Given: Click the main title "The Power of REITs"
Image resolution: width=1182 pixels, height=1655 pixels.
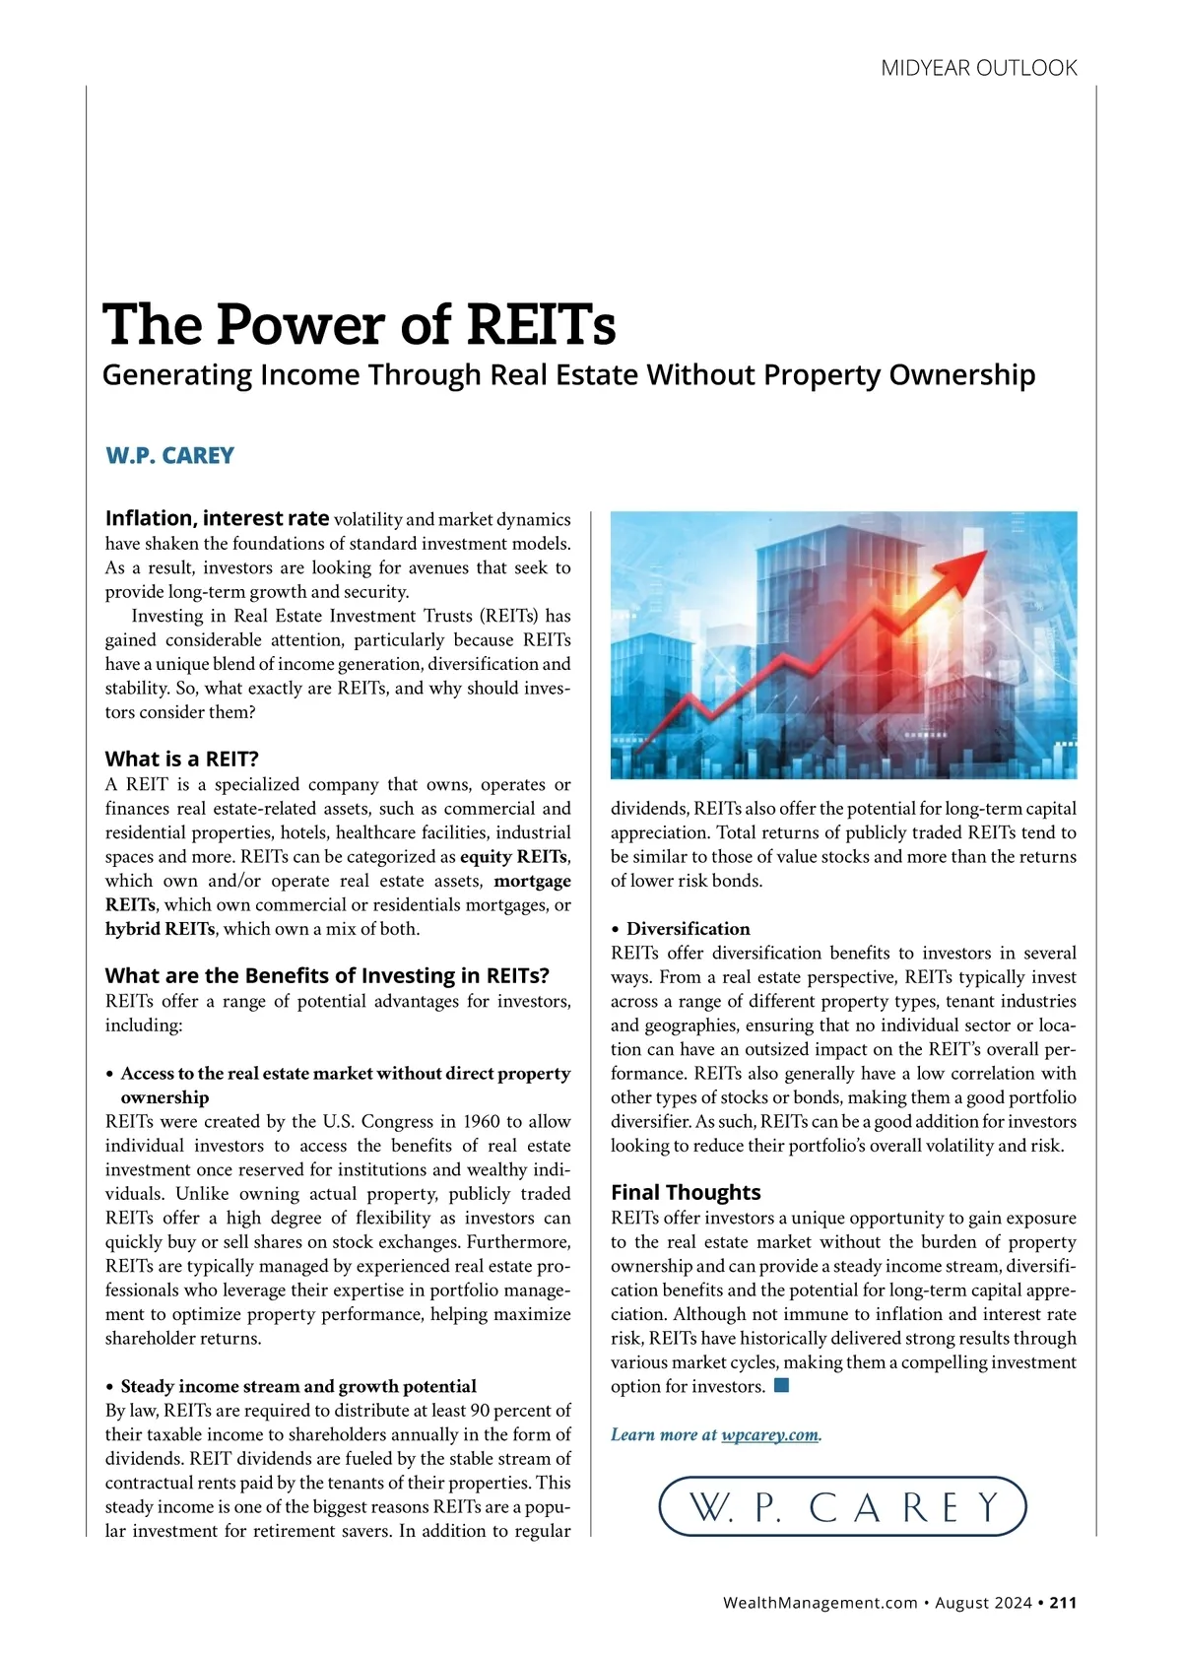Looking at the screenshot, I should pos(360,324).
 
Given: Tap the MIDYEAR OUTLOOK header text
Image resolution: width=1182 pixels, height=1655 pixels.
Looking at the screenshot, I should pos(978,68).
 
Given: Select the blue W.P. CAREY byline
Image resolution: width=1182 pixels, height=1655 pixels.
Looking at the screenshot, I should pos(169,456).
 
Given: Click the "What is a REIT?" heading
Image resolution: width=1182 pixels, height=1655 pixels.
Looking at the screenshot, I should pos(181,759).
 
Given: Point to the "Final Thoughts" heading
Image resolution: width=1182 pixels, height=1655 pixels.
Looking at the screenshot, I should pos(686,1192).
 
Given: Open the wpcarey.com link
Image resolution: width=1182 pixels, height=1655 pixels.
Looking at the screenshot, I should pos(770,1434).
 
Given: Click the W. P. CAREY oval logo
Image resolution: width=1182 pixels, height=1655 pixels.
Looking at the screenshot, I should pos(842,1506).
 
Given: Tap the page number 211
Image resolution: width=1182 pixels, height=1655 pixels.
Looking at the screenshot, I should pos(1063,1603).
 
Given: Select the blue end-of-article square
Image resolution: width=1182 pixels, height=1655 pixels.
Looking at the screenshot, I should pos(782,1386).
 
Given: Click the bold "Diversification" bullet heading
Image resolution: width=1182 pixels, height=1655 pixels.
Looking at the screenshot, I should pos(688,929).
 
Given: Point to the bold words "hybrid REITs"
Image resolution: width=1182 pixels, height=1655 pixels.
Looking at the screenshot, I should pos(160,929).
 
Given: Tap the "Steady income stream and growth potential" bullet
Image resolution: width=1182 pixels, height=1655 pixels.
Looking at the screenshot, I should pos(297,1386).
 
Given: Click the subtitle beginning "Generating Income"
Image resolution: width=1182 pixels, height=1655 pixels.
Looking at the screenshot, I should pos(568,375).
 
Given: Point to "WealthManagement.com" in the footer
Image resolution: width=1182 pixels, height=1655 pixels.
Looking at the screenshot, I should pos(820,1603).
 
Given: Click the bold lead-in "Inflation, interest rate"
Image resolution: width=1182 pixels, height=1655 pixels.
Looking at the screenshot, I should pos(217,518).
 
